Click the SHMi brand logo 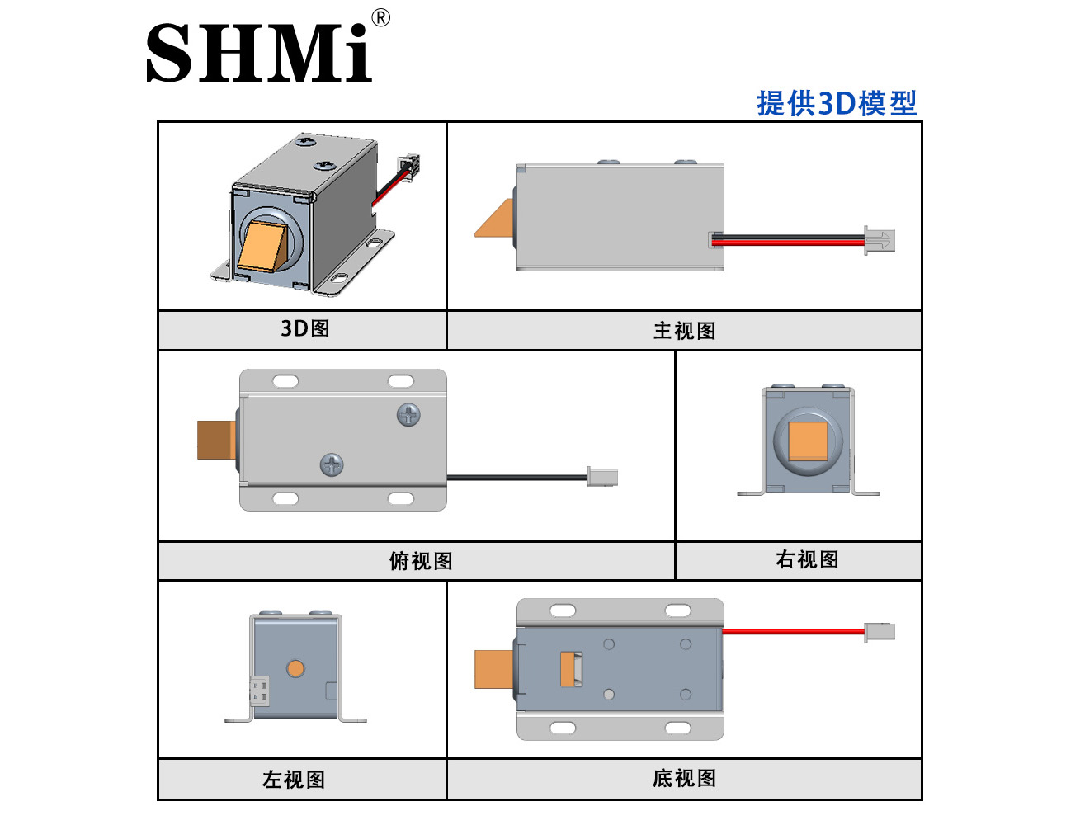[258, 53]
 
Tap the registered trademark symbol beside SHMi [380, 18]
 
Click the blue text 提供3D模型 [837, 103]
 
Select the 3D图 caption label [305, 328]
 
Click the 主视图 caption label [685, 331]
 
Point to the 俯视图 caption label [421, 561]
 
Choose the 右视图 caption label [808, 559]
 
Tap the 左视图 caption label [294, 780]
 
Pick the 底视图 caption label [685, 778]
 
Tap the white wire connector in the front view [880, 241]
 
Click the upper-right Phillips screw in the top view [408, 415]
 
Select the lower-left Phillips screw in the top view [332, 465]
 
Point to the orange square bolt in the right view [808, 441]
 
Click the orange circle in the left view [295, 668]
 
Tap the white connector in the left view [259, 691]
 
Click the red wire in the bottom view [794, 631]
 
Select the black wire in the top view [516, 477]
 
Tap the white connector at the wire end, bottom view [880, 632]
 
